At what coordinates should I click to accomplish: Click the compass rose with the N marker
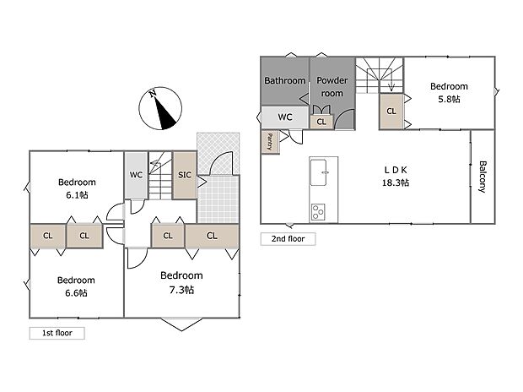click(x=160, y=108)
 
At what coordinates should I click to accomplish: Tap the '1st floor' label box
click(x=57, y=333)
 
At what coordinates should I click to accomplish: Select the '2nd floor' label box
click(x=288, y=239)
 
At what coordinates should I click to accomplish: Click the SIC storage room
click(x=185, y=175)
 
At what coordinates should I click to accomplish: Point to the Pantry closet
click(x=270, y=142)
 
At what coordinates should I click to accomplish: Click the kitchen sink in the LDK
click(x=319, y=172)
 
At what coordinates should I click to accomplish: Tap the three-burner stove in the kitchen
click(x=318, y=212)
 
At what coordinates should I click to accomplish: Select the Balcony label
click(x=483, y=177)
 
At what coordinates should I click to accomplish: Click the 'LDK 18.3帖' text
click(x=396, y=177)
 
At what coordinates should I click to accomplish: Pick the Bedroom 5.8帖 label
click(x=449, y=93)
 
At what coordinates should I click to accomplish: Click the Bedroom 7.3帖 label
click(x=181, y=282)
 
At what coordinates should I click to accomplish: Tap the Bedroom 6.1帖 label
click(x=77, y=188)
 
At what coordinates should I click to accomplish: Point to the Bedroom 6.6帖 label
click(x=76, y=286)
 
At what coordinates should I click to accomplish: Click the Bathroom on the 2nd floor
click(x=285, y=81)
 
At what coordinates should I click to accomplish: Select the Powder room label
click(x=332, y=87)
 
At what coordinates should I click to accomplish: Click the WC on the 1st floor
click(x=136, y=175)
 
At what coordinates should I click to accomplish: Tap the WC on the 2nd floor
click(x=285, y=117)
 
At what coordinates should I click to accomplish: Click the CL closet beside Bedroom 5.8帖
click(x=391, y=112)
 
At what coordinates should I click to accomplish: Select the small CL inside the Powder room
click(x=321, y=122)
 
